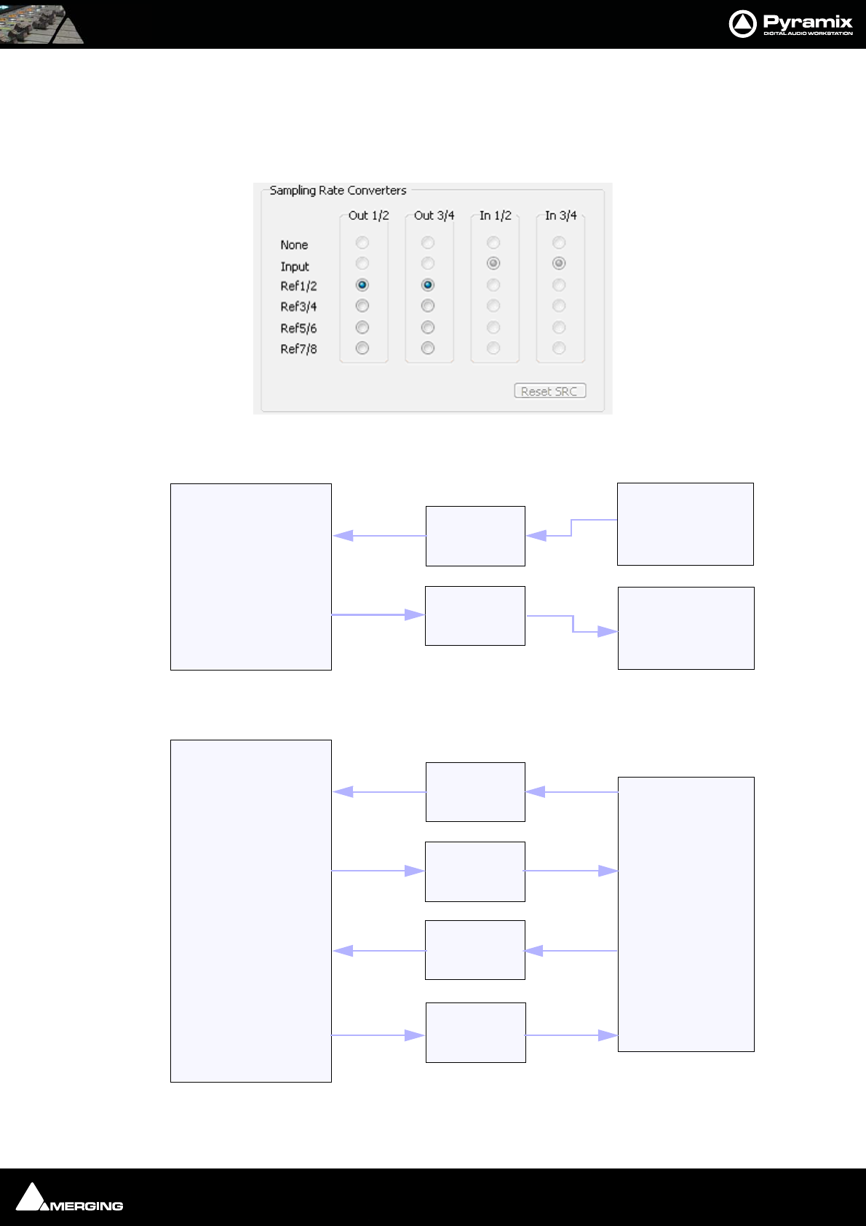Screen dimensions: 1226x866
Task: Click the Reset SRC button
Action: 549,392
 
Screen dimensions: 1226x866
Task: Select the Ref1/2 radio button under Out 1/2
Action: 362,285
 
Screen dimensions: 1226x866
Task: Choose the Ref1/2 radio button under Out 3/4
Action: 428,285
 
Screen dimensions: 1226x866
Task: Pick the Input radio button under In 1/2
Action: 493,263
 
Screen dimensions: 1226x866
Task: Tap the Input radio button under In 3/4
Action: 559,263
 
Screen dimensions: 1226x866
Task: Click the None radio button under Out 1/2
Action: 362,242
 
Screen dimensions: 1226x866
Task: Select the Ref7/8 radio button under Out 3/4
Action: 428,348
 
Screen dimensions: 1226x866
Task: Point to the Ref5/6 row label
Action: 298,328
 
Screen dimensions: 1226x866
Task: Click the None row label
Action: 294,245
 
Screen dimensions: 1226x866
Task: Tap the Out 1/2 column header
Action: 368,215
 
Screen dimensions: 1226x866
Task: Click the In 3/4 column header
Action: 560,215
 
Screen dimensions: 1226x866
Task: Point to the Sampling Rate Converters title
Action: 338,191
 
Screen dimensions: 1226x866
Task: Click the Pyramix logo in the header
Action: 791,24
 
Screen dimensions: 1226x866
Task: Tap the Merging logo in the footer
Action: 70,1198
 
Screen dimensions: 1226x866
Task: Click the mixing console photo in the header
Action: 41,24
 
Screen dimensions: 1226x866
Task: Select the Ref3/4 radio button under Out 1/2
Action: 362,306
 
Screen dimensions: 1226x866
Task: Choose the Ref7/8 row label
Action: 298,349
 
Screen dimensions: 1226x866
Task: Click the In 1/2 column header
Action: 495,215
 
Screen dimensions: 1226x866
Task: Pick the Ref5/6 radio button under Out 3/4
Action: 428,328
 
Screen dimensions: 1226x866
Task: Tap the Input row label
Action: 295,266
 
